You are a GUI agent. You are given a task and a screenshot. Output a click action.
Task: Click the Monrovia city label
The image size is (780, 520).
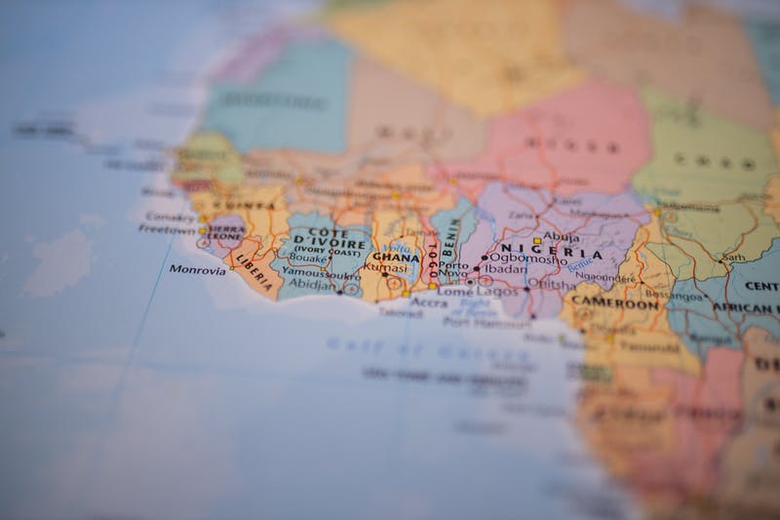197,269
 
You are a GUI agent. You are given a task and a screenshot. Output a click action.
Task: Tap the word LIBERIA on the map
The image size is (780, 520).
255,273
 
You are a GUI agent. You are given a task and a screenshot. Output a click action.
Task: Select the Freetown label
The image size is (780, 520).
167,229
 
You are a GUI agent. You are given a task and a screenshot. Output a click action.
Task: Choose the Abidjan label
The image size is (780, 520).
311,285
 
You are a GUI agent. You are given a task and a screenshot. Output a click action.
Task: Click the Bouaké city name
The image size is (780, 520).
309,259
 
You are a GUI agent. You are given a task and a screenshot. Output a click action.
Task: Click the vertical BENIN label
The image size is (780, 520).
450,234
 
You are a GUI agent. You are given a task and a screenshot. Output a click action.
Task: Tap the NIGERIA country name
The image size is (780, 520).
551,251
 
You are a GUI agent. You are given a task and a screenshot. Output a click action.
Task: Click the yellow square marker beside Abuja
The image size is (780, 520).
536,240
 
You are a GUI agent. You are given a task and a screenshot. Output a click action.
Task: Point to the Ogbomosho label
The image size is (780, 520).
527,260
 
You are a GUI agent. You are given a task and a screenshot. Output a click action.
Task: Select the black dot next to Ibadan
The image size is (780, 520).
477,268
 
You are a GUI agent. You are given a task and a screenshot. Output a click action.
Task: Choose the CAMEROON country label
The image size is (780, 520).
614,303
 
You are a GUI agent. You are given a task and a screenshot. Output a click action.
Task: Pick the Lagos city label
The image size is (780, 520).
497,290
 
